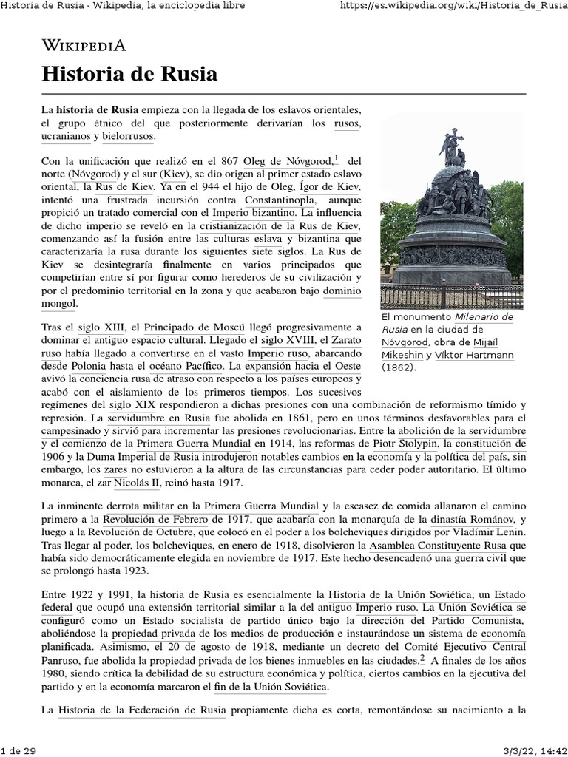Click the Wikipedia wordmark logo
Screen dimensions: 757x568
[x=84, y=45]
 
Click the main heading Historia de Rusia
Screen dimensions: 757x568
[x=129, y=75]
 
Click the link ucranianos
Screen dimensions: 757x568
[x=66, y=136]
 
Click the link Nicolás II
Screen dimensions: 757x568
[x=136, y=483]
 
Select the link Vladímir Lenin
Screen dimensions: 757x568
[x=487, y=532]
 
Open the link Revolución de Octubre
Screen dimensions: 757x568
[x=143, y=532]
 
